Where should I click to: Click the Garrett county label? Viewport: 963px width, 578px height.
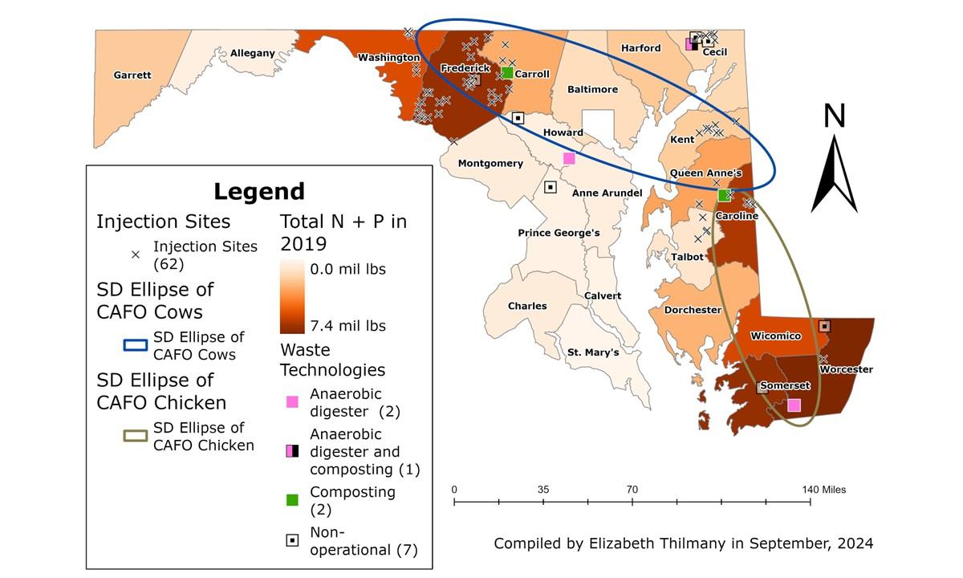132,75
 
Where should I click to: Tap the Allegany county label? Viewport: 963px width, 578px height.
252,53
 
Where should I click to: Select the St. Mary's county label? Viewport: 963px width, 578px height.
593,352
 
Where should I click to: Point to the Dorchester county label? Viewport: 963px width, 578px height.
693,310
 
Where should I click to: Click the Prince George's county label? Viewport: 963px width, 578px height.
559,233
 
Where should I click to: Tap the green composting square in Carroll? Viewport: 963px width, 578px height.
507,73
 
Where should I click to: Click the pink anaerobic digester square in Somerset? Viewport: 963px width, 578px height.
794,405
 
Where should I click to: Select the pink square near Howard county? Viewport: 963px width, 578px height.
569,158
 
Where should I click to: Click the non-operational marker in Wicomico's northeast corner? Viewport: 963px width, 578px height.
824,326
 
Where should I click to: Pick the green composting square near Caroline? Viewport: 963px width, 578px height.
723,195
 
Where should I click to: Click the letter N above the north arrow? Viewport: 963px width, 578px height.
835,116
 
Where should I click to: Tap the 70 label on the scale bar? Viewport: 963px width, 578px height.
632,490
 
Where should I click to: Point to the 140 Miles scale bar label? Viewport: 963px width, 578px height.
823,490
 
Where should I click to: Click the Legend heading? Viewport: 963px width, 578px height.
258,192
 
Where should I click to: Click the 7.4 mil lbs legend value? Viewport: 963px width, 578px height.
348,325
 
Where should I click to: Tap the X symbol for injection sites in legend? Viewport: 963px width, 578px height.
135,254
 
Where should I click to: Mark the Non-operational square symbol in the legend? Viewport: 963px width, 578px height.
293,540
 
